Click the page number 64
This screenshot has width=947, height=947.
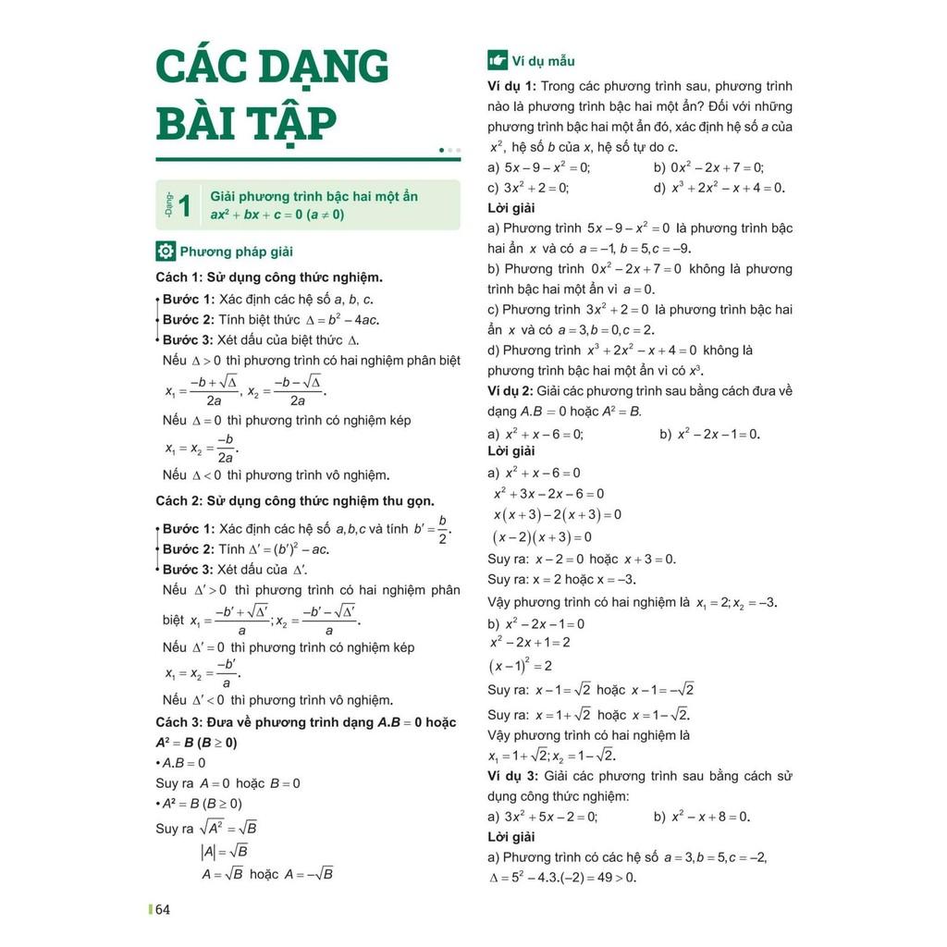click(x=163, y=910)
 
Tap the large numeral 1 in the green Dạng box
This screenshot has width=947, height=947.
click(x=185, y=205)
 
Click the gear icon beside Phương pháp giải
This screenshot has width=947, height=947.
click(x=166, y=251)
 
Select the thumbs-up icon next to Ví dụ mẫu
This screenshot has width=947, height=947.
click(x=498, y=61)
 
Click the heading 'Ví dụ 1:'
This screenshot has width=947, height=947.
click(x=511, y=86)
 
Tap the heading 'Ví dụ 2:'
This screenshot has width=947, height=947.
click(x=511, y=391)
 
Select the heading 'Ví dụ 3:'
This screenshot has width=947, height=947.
click(x=511, y=776)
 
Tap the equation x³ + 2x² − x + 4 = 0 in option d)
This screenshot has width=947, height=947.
click(x=728, y=188)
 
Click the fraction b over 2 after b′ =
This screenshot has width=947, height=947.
click(x=442, y=530)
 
